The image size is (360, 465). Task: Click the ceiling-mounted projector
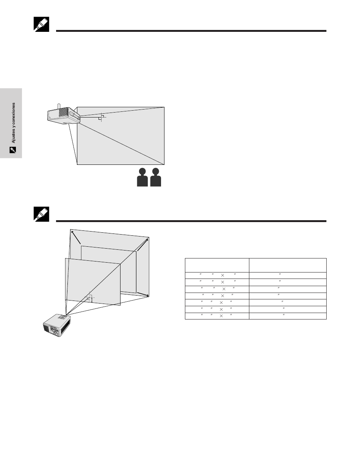point(64,116)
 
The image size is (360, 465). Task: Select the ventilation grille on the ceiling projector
point(63,112)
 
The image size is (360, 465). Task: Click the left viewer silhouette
point(142,177)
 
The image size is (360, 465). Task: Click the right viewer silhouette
point(155,177)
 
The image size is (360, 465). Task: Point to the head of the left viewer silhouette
point(142,171)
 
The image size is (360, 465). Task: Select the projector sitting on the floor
point(57,325)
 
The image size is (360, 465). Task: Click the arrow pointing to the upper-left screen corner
point(76,237)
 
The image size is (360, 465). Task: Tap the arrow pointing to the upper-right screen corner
point(143,245)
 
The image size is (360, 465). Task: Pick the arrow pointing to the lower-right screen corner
point(143,294)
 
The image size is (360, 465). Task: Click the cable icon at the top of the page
point(41,24)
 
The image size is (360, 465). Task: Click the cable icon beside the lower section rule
point(41,214)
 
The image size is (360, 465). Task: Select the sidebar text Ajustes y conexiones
point(13,123)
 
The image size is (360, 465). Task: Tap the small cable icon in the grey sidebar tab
point(13,150)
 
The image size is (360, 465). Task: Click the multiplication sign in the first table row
point(222,276)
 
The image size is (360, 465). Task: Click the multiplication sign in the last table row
point(221,316)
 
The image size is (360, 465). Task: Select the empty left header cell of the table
point(217,265)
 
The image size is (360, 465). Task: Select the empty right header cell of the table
point(288,265)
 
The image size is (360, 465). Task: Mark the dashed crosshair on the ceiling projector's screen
point(102,117)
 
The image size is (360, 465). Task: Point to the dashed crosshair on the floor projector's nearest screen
point(90,297)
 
